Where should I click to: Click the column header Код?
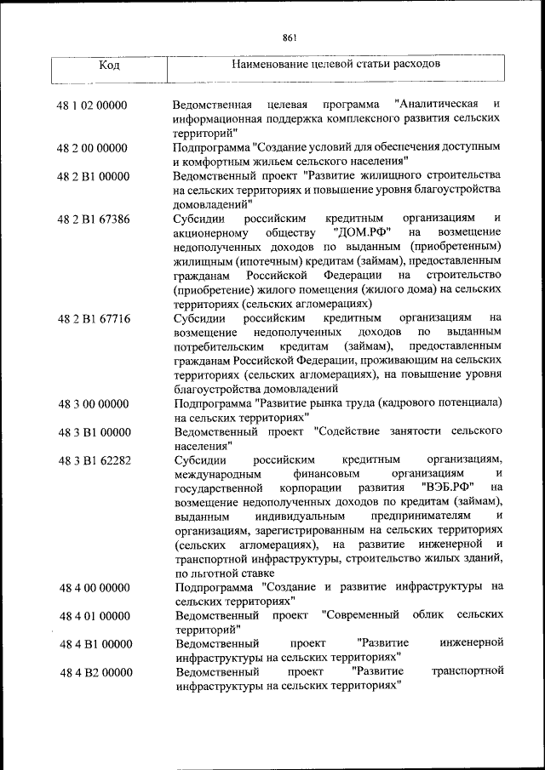108,66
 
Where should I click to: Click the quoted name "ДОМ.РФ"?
358,233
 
